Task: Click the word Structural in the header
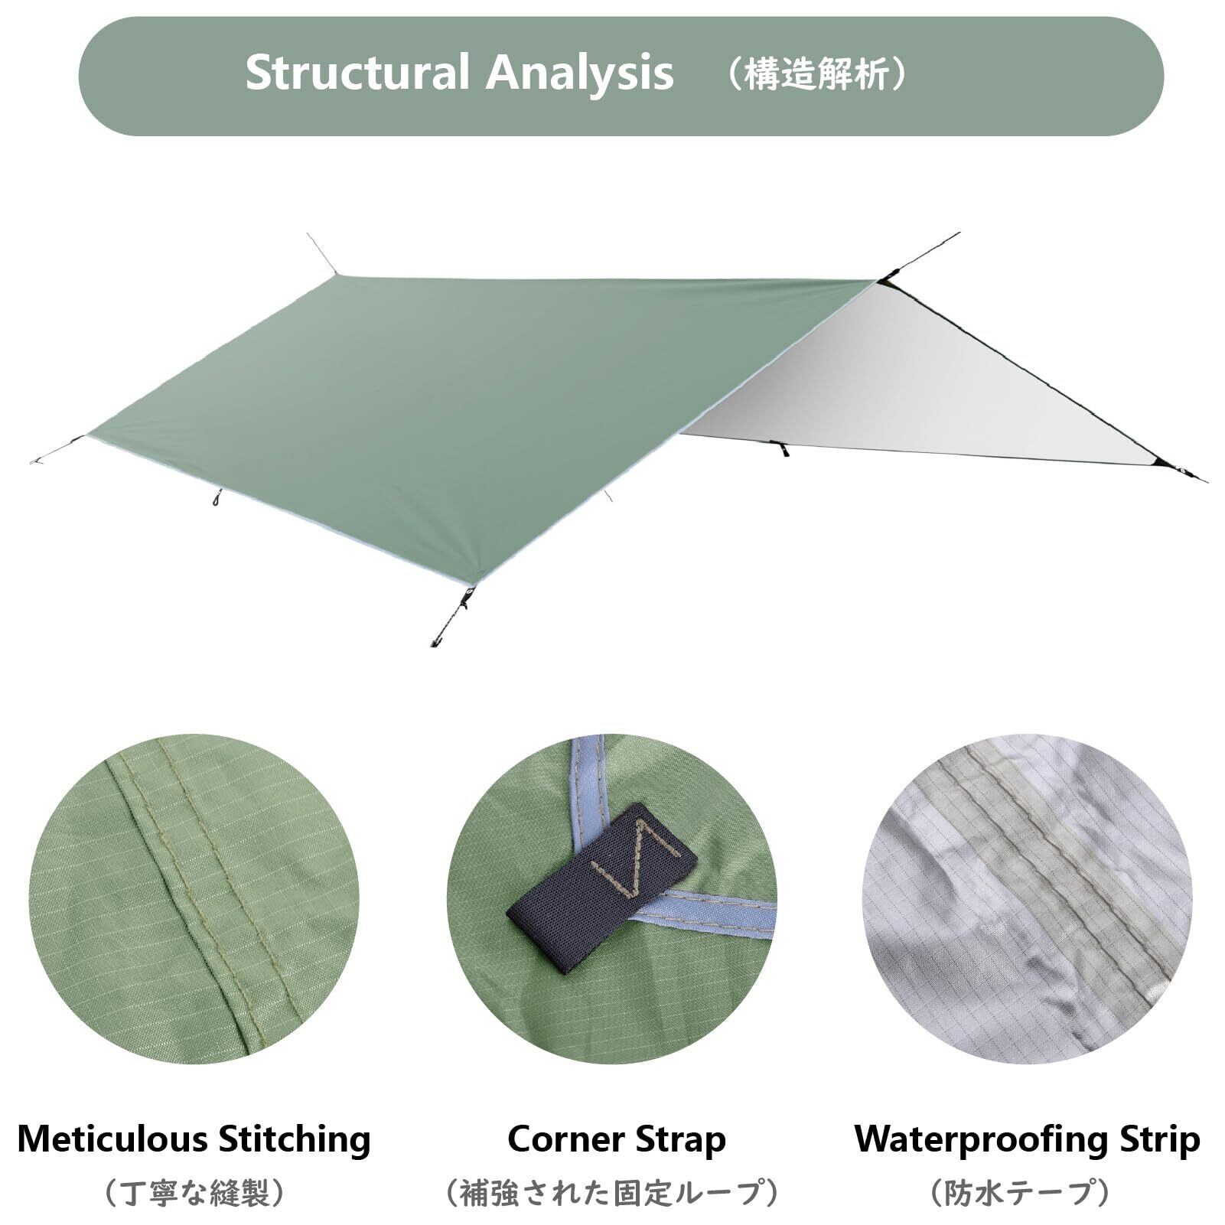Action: (356, 74)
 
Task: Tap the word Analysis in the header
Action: (580, 74)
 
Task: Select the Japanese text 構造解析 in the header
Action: (816, 76)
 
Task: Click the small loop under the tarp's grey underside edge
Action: (781, 449)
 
